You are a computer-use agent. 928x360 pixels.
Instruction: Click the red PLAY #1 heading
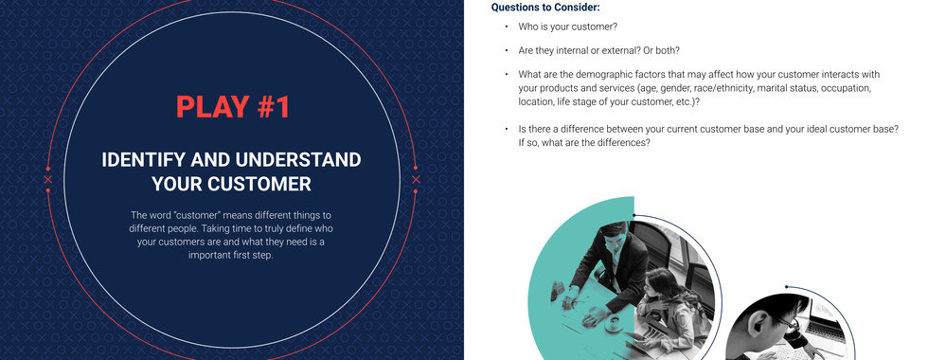pos(233,107)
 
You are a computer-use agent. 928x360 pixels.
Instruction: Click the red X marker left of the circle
pos(48,179)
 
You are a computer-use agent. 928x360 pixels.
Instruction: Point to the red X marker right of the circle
pos(416,179)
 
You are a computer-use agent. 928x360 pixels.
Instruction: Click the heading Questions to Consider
pos(545,8)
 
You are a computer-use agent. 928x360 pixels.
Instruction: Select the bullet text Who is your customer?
pos(567,27)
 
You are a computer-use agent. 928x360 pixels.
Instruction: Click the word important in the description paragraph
pos(208,256)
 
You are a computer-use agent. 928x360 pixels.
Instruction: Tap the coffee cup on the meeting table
pos(614,323)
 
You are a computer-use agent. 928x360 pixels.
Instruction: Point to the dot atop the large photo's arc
pos(634,216)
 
